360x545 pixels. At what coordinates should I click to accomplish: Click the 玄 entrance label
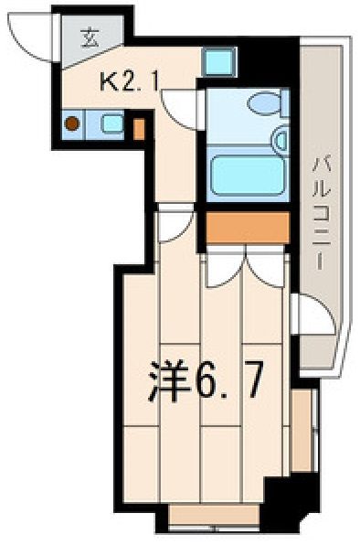[90, 37]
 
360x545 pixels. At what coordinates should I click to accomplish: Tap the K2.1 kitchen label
[129, 82]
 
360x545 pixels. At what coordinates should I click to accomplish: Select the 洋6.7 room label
[204, 381]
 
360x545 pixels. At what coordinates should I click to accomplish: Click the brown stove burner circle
[72, 123]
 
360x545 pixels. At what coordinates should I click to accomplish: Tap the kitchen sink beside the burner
[111, 123]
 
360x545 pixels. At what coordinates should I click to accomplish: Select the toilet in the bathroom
[268, 103]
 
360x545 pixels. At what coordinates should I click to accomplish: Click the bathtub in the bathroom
[248, 175]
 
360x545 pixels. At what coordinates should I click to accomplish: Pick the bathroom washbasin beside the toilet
[281, 139]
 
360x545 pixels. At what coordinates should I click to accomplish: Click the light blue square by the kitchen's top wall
[218, 62]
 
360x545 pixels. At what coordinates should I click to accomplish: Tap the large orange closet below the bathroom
[248, 228]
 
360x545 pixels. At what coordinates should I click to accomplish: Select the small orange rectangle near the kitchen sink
[139, 129]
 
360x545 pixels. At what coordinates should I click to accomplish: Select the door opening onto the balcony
[313, 314]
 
